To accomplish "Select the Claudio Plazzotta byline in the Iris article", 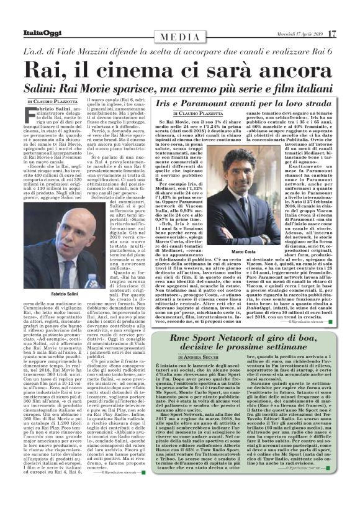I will coord(202,114).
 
